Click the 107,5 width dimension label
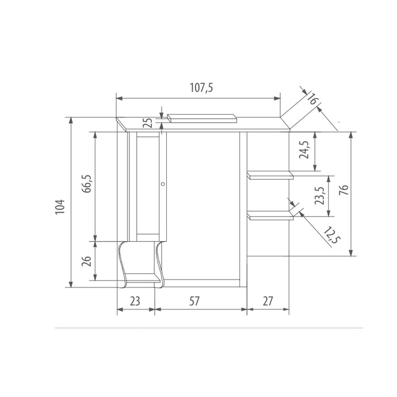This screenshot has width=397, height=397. tap(201, 87)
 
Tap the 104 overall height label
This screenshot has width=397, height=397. tap(60, 207)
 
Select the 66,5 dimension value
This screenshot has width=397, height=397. tap(87, 184)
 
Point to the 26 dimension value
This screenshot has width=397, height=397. tap(86, 261)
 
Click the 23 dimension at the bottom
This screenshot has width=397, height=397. tap(135, 301)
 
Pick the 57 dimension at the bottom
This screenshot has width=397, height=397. tap(195, 301)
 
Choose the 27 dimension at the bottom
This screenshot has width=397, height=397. tap(268, 301)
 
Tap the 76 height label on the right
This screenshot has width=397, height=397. tap(344, 189)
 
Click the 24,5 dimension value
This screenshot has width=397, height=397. tap(304, 150)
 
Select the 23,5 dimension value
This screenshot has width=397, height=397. tap(319, 196)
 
